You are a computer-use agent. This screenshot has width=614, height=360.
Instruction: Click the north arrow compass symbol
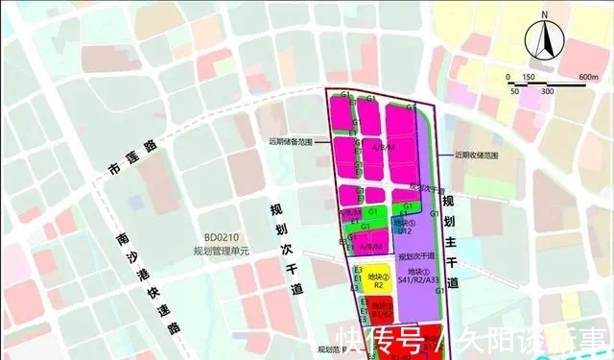coord(544,41)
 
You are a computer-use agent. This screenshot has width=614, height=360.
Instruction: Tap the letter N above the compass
coord(544,15)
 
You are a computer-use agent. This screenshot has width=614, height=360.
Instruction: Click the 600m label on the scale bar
coord(588,77)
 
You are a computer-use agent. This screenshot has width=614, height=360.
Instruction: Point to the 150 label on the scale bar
coord(528,77)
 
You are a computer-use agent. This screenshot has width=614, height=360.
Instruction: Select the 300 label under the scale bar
coord(546,91)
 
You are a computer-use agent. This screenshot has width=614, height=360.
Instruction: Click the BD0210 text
coord(221,239)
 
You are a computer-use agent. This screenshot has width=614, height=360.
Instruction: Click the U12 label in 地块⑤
coord(406,230)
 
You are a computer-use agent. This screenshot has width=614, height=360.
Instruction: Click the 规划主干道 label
coord(452,241)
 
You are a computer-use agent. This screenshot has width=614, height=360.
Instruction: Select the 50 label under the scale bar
coord(515,91)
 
